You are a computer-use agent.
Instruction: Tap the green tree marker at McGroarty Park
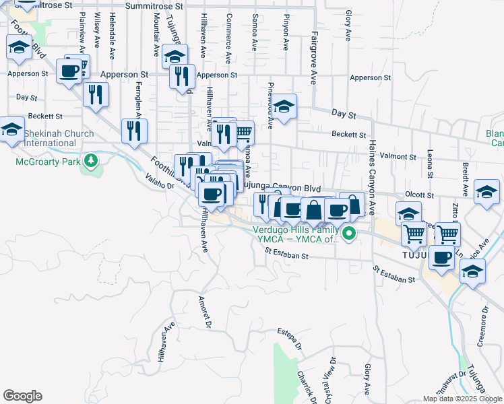[89, 162]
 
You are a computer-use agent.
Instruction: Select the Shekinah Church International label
[59, 138]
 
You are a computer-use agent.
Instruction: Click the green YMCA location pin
[348, 234]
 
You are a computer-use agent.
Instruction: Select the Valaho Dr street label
[160, 181]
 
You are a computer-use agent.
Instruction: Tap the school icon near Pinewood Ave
[284, 106]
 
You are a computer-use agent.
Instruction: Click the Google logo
[22, 396]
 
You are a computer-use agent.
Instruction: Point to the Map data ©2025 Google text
[462, 399]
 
